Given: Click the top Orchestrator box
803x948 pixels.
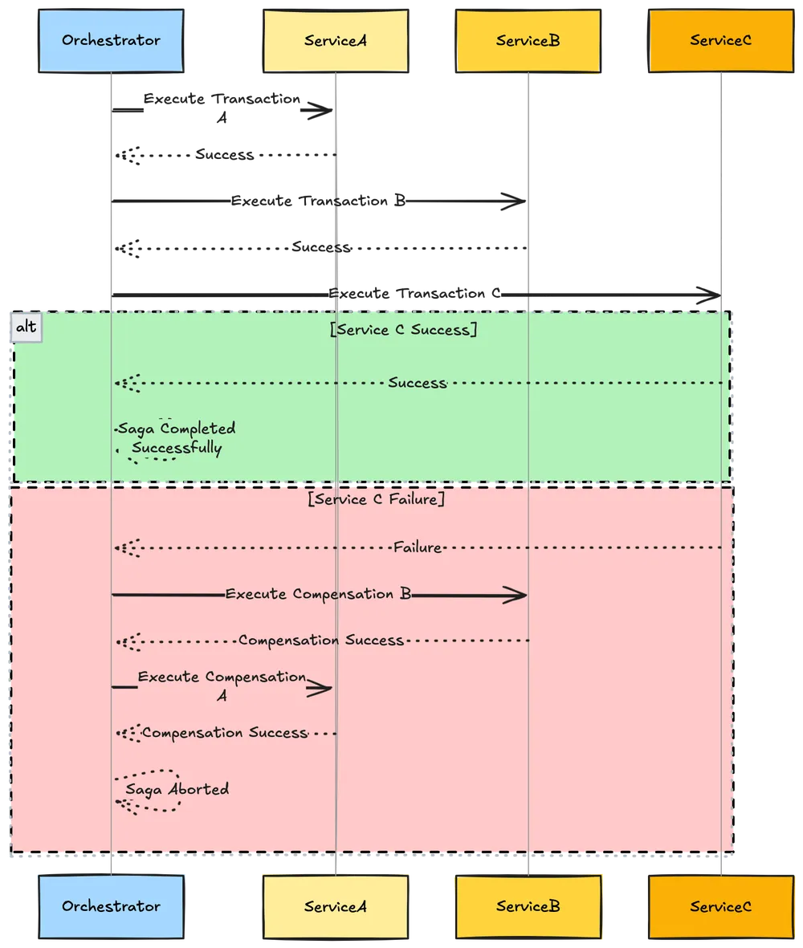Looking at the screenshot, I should (x=111, y=40).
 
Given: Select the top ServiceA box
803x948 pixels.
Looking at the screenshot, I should (x=335, y=40).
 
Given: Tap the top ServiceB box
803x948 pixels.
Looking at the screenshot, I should (x=527, y=40).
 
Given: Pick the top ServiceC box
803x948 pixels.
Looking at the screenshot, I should (x=720, y=40).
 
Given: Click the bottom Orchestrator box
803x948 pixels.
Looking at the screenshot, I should (x=111, y=906).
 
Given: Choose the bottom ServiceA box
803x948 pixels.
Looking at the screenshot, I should (x=335, y=907).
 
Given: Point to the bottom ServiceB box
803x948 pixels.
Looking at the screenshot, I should (x=527, y=906).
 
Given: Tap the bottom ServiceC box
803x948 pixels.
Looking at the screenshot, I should (x=720, y=907).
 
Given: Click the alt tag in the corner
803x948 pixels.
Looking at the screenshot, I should (x=26, y=328).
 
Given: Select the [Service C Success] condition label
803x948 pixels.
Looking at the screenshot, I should (x=403, y=329).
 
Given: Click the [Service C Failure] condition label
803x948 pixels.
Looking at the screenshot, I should (x=376, y=498).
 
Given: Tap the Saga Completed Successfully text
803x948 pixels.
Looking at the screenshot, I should (x=177, y=438).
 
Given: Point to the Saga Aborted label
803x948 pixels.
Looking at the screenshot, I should (x=177, y=789).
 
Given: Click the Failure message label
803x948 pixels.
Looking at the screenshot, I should (x=418, y=547).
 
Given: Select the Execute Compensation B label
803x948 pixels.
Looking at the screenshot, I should (x=318, y=595).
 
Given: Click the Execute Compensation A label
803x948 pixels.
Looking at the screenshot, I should (x=222, y=686).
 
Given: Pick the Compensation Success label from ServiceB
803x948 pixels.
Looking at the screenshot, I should (x=320, y=641).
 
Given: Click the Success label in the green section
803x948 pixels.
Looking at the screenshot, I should (x=417, y=383).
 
